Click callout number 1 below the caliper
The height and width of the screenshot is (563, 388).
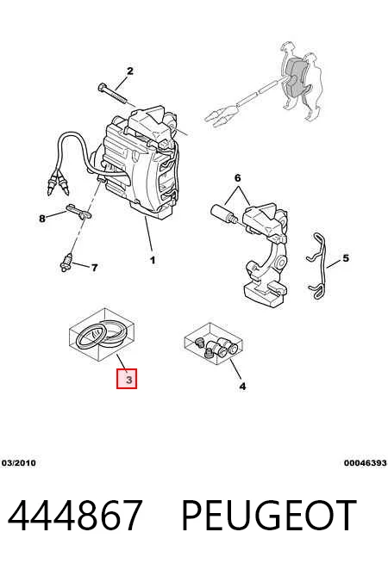point(153,260)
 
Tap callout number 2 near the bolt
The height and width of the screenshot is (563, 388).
point(130,71)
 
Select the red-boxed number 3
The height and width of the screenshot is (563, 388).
point(127,379)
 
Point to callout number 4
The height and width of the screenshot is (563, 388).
point(243,387)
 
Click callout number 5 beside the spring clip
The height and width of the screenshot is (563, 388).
point(346,257)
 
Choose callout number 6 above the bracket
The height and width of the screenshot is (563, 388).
point(237,177)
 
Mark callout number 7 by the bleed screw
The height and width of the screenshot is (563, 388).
point(94,268)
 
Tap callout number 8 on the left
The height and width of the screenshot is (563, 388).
point(42,218)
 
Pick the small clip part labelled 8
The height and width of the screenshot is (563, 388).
point(80,212)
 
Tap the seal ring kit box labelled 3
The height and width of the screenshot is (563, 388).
point(102,334)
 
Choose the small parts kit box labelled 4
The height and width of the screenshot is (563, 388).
point(214,343)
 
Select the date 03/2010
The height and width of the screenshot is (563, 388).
point(19,463)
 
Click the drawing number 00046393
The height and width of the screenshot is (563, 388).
point(365,463)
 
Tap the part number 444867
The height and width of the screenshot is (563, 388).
point(75,515)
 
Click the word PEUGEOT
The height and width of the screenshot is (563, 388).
point(269,515)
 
